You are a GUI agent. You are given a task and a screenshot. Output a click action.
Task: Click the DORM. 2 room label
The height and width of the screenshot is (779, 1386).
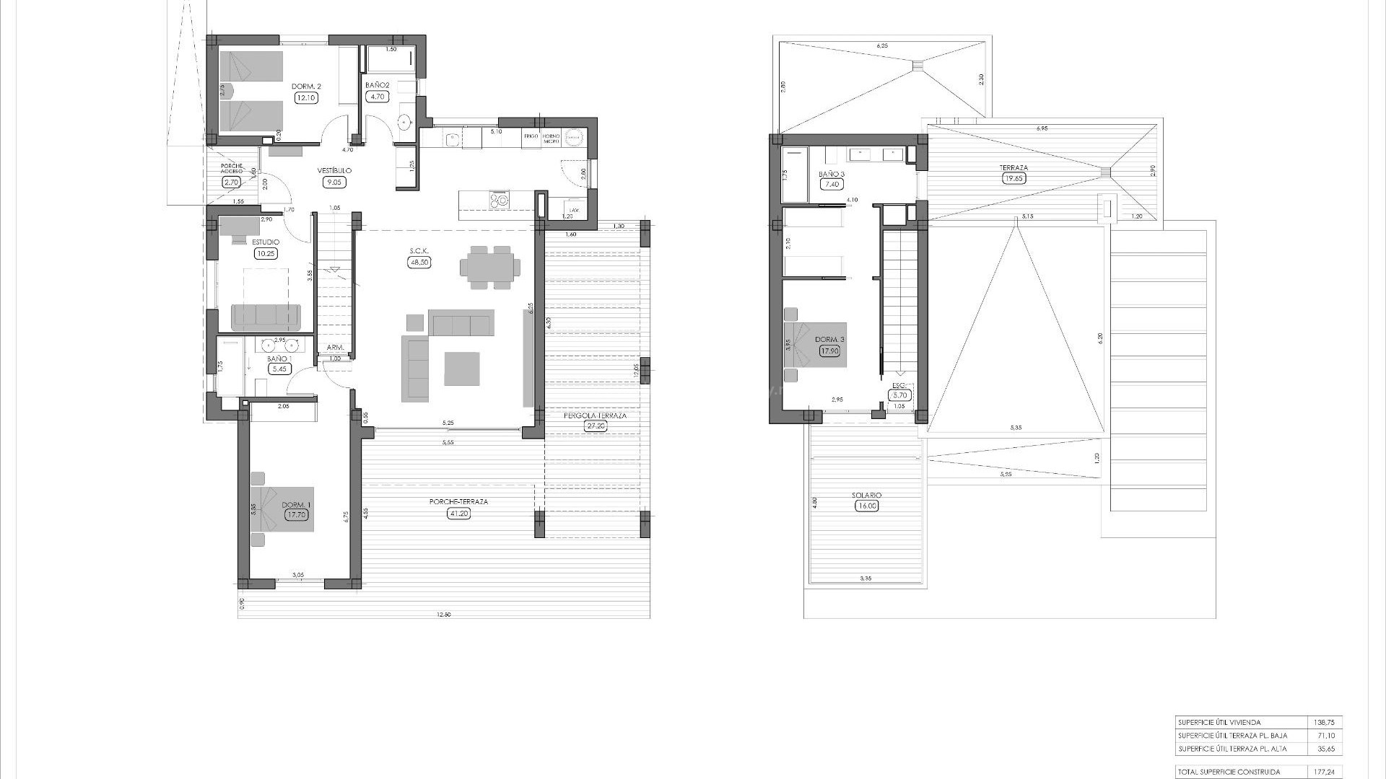[x=306, y=87]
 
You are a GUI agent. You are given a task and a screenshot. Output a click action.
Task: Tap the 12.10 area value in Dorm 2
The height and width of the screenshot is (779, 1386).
[x=306, y=98]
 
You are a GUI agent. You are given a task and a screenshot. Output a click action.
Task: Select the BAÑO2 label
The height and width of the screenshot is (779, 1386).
[x=378, y=85]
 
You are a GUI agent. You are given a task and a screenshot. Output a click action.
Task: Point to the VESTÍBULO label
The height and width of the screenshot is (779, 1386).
[x=334, y=171]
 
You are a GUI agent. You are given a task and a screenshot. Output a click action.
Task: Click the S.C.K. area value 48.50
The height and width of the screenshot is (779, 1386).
[x=419, y=263]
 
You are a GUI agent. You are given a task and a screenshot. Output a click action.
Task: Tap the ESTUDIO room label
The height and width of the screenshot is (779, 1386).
[x=266, y=242]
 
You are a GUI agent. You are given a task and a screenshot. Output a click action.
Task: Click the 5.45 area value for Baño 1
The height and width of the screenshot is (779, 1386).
[x=278, y=369]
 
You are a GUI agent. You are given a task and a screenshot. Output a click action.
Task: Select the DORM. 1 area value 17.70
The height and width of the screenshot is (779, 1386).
[x=297, y=515]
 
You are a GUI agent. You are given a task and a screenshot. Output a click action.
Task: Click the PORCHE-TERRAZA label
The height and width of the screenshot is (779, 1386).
[x=449, y=502]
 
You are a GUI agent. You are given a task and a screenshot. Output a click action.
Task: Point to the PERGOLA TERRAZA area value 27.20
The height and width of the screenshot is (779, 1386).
[x=596, y=426]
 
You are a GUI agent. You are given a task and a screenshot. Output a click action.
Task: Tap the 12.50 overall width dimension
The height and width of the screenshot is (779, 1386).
[x=443, y=615]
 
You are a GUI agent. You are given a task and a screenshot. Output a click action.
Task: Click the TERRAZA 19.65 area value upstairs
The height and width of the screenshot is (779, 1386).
[x=1014, y=178]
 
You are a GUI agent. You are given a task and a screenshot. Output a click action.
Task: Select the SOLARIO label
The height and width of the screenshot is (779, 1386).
[x=866, y=496]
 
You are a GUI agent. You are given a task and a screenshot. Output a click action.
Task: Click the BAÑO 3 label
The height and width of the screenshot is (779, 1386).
[x=832, y=175]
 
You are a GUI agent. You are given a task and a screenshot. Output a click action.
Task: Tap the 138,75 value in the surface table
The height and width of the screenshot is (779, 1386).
[x=1325, y=722]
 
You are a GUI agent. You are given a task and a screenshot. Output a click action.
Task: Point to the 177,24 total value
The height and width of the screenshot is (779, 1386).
[x=1325, y=772]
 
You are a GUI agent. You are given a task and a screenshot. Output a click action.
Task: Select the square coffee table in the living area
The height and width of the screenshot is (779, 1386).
[x=462, y=369]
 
